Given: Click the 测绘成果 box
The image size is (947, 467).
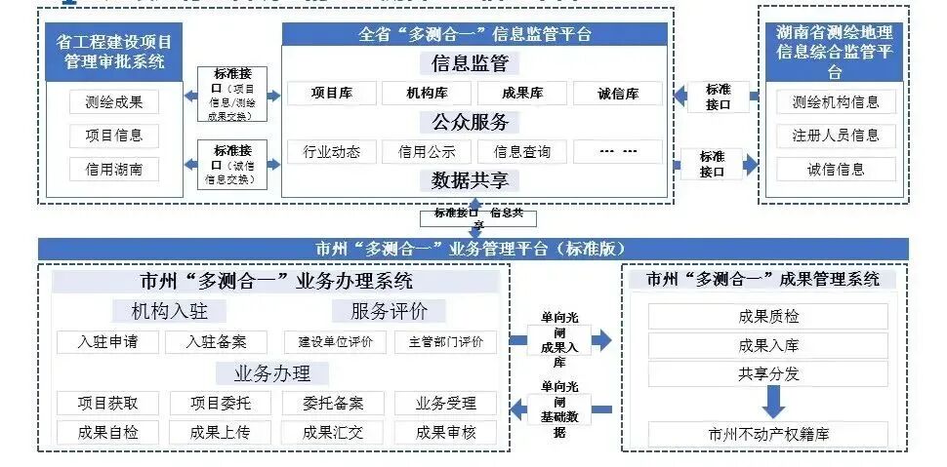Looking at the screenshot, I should [x=112, y=101].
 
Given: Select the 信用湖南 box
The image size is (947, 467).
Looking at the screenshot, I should [x=112, y=169].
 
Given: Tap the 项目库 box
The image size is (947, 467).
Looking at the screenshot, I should [x=332, y=94].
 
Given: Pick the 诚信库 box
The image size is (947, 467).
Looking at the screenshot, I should [x=618, y=94].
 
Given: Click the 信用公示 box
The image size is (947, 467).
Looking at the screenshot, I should [x=427, y=151].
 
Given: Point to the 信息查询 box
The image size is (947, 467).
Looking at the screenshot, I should [x=522, y=151].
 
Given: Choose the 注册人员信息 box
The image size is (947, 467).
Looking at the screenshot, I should [x=836, y=136].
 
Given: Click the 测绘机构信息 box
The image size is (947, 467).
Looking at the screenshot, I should [x=836, y=101].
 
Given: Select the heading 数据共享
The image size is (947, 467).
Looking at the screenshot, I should [x=470, y=180].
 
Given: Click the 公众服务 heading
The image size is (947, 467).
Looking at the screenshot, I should [x=470, y=123].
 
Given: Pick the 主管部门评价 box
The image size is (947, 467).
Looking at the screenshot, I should [x=446, y=342].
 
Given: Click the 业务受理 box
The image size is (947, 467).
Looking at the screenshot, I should [x=445, y=403].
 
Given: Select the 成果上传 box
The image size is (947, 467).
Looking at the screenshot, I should [x=221, y=432].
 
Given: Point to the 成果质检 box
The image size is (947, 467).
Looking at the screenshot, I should [x=768, y=316].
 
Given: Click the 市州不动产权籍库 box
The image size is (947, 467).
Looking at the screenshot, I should [x=768, y=434].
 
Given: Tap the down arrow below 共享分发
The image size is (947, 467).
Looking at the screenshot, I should [x=772, y=401].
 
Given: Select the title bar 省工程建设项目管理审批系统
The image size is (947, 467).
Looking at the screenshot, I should [x=114, y=53].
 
